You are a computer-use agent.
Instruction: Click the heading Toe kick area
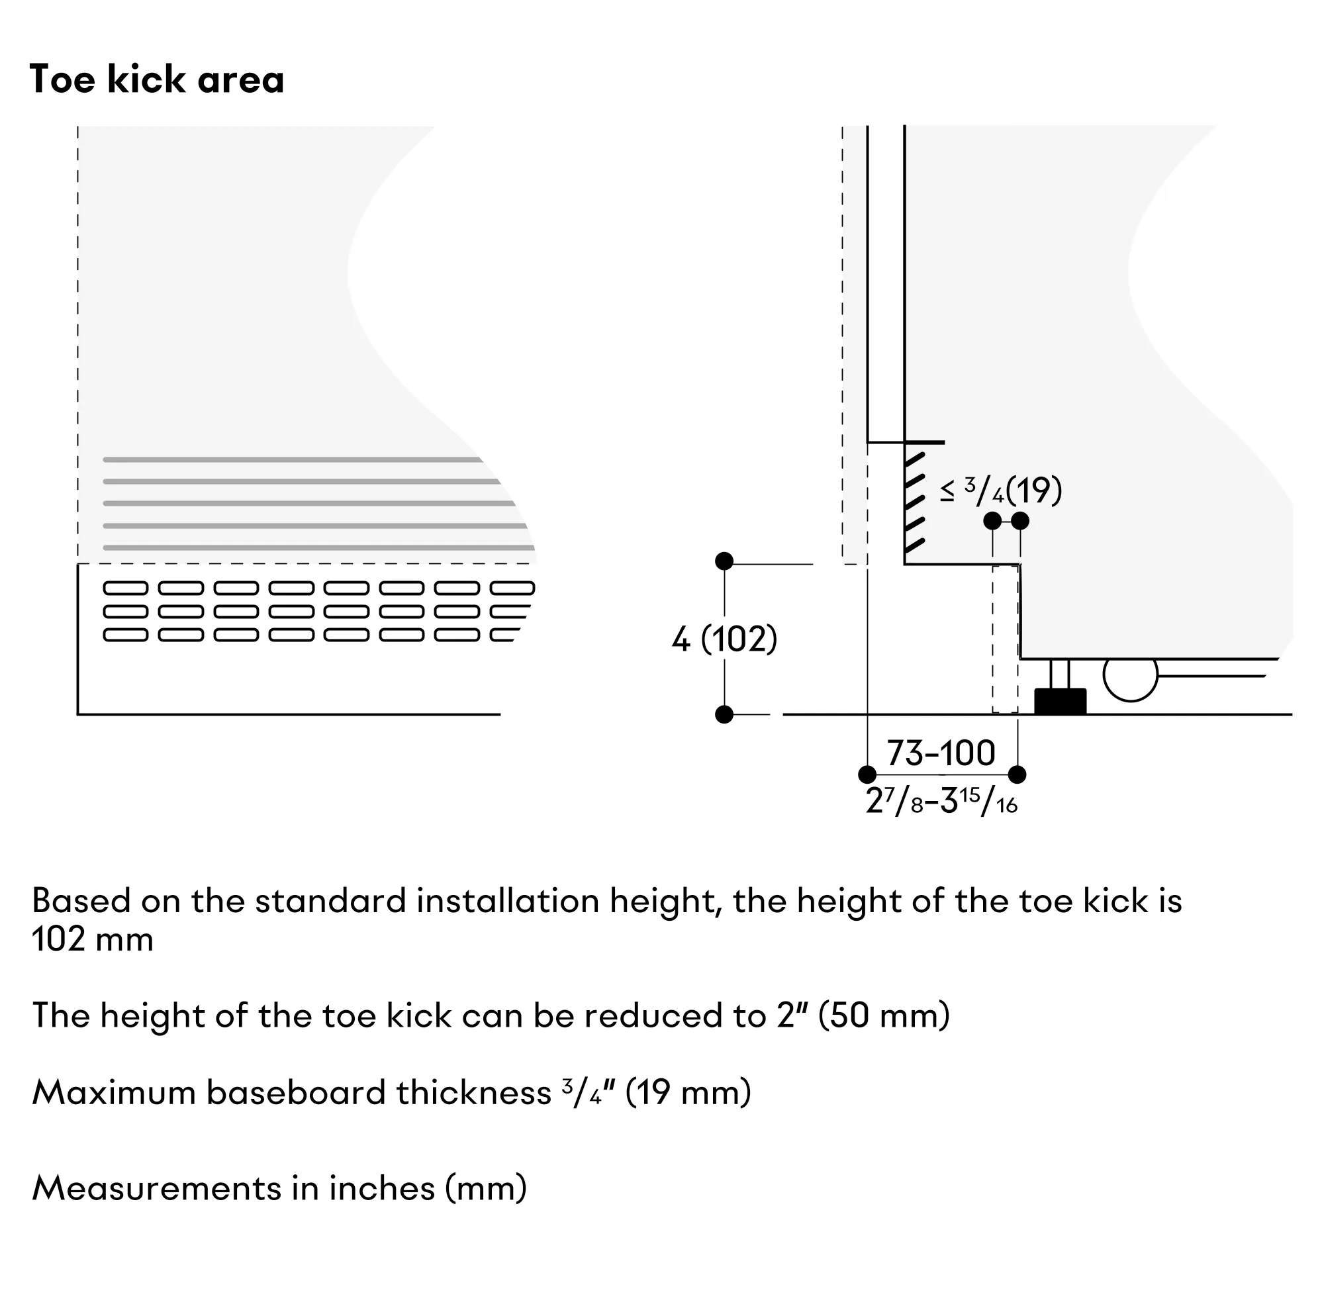pyautogui.click(x=156, y=79)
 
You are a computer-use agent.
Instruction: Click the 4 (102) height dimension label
pyautogui.click(x=724, y=639)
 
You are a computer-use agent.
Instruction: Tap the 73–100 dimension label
pyautogui.click(x=941, y=753)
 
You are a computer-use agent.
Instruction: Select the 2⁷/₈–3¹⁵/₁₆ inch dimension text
pyautogui.click(x=941, y=800)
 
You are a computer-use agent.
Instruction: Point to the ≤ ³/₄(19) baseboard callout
pyautogui.click(x=1001, y=491)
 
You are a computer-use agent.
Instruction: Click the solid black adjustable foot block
pyautogui.click(x=1060, y=702)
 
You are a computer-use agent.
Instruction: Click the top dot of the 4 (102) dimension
pyautogui.click(x=724, y=561)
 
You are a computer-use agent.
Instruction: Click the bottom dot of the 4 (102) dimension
pyautogui.click(x=724, y=715)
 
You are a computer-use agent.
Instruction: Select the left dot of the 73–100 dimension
pyautogui.click(x=868, y=775)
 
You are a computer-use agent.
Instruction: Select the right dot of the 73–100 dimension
pyautogui.click(x=1017, y=775)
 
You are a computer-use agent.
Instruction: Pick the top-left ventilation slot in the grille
pyautogui.click(x=125, y=588)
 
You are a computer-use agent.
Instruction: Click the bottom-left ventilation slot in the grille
pyautogui.click(x=125, y=634)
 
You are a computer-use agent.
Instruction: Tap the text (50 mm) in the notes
pyautogui.click(x=884, y=1015)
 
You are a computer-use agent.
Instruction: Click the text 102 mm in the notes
pyautogui.click(x=93, y=939)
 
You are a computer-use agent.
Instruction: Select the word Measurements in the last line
pyautogui.click(x=157, y=1188)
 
